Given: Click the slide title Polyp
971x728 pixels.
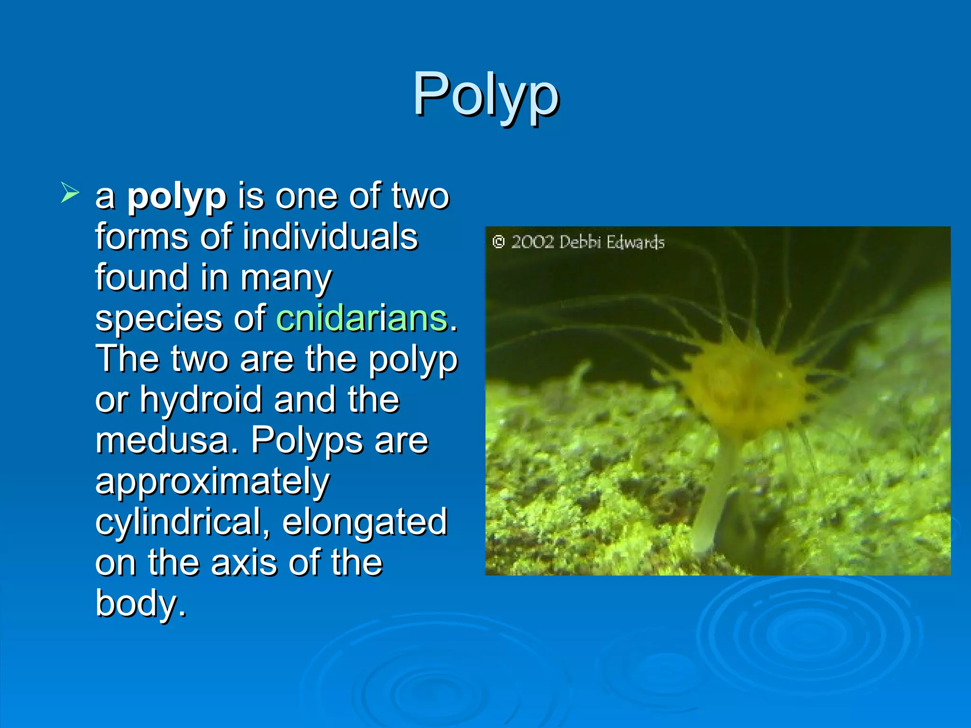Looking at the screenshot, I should (x=485, y=95).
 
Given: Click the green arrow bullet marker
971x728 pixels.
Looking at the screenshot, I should (x=70, y=193).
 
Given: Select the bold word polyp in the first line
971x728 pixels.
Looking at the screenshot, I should (x=176, y=197).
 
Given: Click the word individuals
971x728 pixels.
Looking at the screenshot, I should (x=330, y=237).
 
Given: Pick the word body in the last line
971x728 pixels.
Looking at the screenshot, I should (x=140, y=604).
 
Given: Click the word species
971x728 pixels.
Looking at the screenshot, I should (x=158, y=318).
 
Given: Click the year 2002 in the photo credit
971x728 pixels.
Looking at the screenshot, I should (x=532, y=242).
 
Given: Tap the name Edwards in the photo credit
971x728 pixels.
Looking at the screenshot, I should (x=635, y=243).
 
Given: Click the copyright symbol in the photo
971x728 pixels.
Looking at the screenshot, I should (x=498, y=242).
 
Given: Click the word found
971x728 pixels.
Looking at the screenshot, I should (x=141, y=278).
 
